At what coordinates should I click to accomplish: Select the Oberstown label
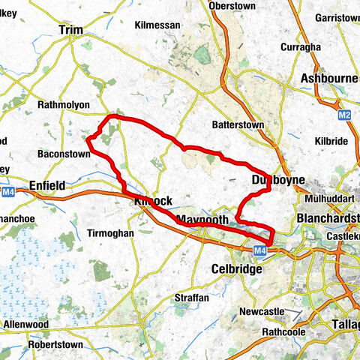point(232,5)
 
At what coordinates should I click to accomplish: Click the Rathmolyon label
point(64,105)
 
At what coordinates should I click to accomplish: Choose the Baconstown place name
point(64,154)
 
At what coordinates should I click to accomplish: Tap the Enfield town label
point(47,184)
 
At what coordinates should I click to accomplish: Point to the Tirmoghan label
point(110,233)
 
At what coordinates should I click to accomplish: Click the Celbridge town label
point(236,268)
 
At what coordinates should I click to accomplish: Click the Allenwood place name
point(26,324)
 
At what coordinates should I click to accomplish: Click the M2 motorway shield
point(343,115)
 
